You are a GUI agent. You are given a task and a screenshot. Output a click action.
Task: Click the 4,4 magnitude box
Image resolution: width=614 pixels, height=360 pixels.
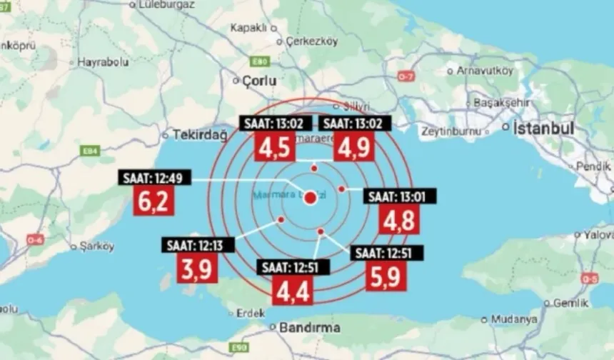pyautogui.click(x=293, y=290)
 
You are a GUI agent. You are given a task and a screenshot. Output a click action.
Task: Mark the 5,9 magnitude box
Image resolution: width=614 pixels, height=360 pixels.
pyautogui.click(x=386, y=275)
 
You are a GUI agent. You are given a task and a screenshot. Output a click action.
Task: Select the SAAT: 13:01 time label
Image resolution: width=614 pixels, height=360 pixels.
pyautogui.click(x=401, y=196)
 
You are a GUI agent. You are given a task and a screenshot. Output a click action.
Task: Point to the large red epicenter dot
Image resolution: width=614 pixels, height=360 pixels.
pyautogui.click(x=310, y=198)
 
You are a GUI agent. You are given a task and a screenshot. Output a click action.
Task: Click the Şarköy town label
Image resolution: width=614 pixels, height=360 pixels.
pyautogui.click(x=97, y=246)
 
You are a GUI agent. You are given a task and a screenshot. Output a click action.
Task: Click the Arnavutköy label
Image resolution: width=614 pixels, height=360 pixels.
pyautogui.click(x=485, y=71)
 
